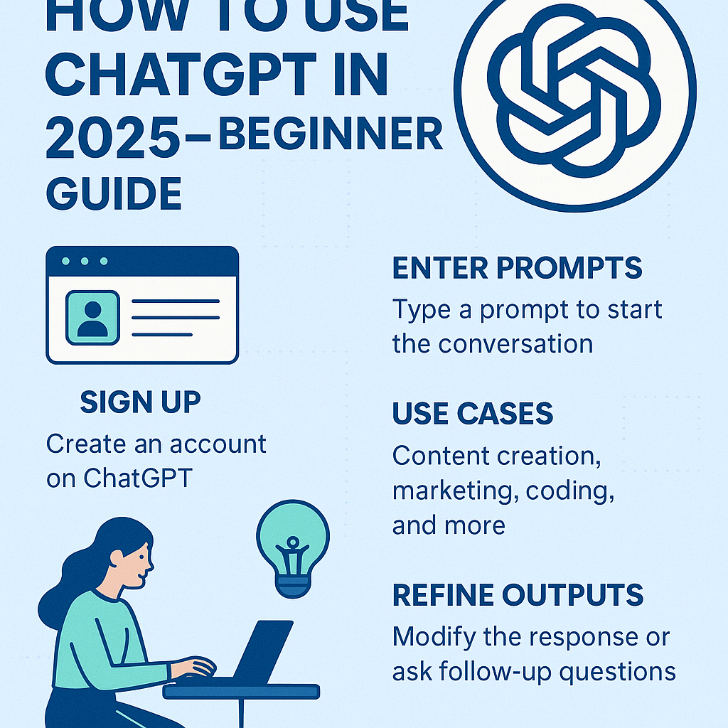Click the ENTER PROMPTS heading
pos(518,267)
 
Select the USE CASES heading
pos(473,413)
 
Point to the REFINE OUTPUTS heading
pos(518,595)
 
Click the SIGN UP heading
pos(140,402)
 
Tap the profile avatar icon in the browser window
pos(93,318)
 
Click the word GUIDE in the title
pos(114,193)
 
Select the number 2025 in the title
pos(113,136)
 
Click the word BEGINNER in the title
pos(331,134)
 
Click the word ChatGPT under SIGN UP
pos(138,478)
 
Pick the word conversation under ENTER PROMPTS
pos(515,345)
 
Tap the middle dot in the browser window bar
pos(85,261)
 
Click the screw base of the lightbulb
pos(292,586)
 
